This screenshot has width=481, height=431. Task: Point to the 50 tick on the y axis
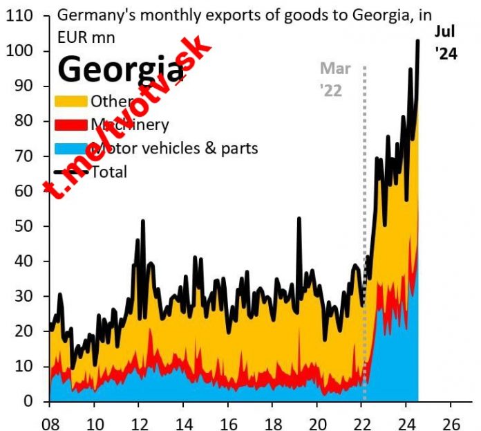click(26, 226)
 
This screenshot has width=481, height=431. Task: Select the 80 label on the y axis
click(26, 122)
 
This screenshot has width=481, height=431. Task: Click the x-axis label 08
click(49, 419)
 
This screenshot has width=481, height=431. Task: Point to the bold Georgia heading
click(121, 69)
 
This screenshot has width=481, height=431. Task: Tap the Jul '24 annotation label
click(446, 42)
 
